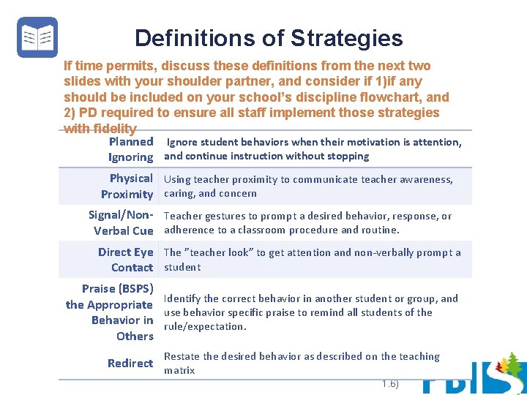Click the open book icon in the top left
[x=37, y=37]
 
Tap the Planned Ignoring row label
[x=130, y=149]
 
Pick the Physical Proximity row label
[x=127, y=186]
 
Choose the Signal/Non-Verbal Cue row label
[x=121, y=222]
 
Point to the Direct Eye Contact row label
[x=126, y=259]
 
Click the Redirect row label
[x=130, y=363]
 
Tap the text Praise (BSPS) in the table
[x=117, y=288]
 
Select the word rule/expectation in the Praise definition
[x=204, y=326]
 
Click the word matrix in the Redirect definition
[x=179, y=370]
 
